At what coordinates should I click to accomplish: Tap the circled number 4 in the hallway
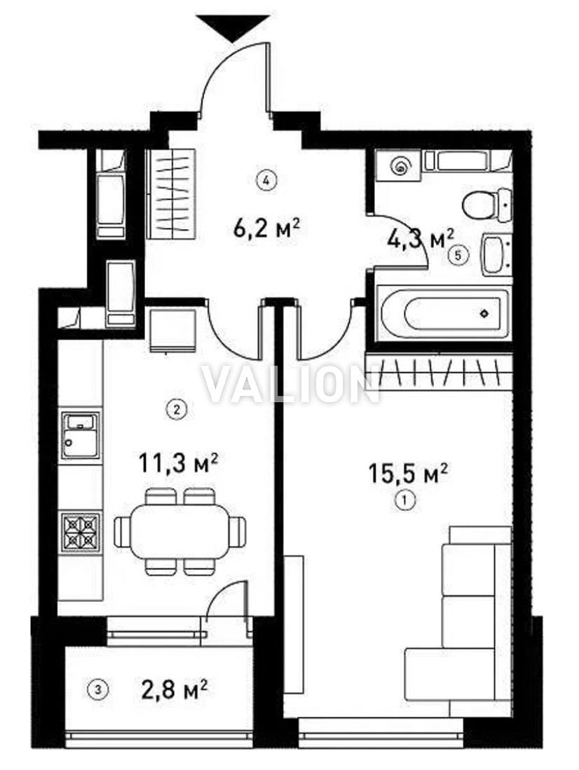[x=266, y=180]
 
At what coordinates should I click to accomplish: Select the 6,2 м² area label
[x=266, y=228]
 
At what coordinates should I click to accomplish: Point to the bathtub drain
[x=484, y=312]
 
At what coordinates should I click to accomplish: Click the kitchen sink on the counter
[x=81, y=435]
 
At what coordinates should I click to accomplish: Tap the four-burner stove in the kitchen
[x=81, y=531]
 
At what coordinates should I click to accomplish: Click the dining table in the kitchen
[x=180, y=531]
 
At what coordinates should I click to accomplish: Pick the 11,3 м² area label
[x=178, y=462]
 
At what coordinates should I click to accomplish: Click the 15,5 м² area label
[x=408, y=474]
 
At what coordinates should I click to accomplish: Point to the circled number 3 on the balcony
[x=98, y=689]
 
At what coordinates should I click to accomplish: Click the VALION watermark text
[x=291, y=385]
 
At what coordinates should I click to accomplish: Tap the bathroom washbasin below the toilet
[x=496, y=254]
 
